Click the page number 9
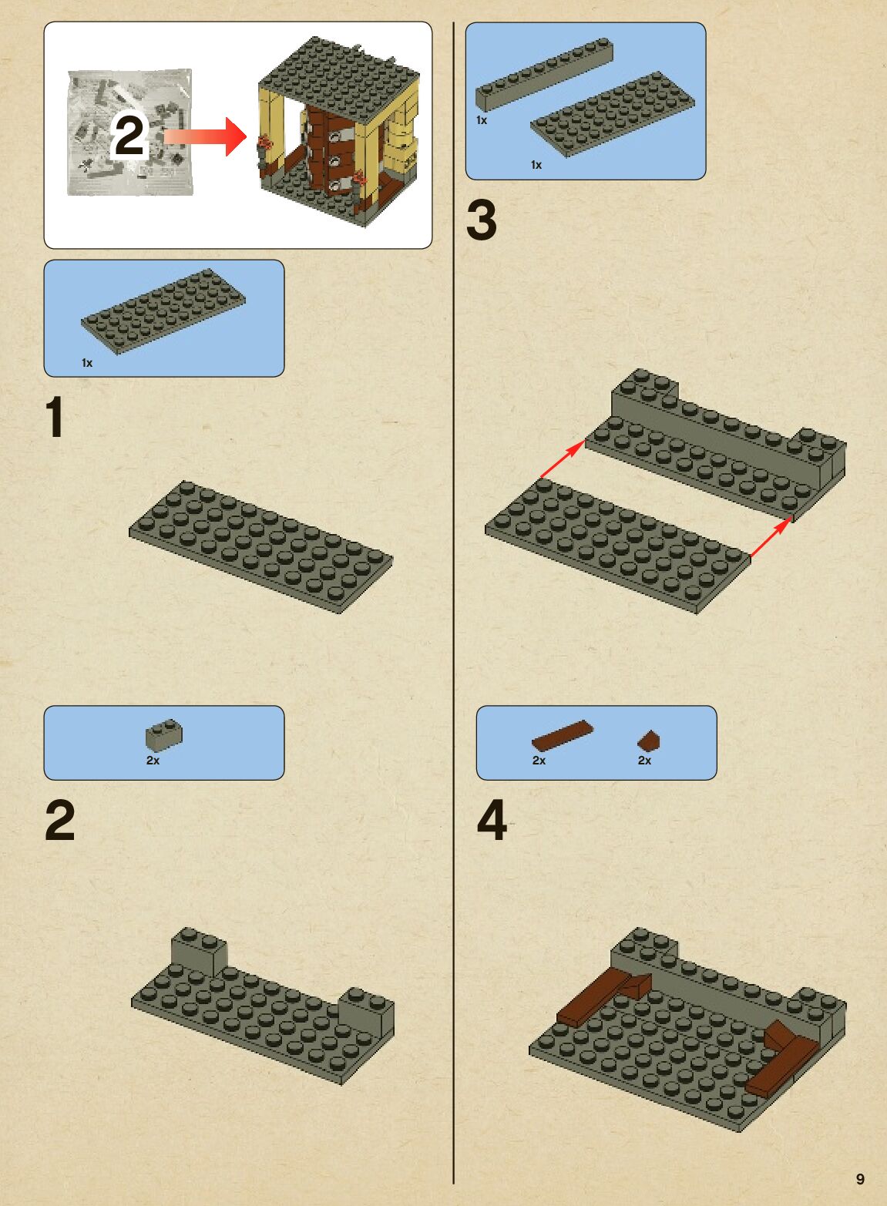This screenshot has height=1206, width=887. coord(860,1178)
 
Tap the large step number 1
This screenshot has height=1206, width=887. coord(55,417)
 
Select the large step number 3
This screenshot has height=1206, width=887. coord(482,220)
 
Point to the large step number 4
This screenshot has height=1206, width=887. coord(492,820)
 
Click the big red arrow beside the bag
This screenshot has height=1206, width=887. coord(205,136)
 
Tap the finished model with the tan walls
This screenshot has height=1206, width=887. coord(338,131)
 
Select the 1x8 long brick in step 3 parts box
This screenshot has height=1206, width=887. coord(545,74)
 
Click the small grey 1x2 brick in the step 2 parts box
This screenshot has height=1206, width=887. coord(163,735)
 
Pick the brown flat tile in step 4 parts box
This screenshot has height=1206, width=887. coord(563,735)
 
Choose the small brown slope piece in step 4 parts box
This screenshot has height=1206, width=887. coord(648,741)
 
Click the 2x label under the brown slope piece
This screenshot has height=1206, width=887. coord(644,761)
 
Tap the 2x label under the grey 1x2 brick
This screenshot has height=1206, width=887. coord(153,761)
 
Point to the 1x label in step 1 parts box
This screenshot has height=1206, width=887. coord(87,363)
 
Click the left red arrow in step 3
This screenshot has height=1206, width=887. coord(563,459)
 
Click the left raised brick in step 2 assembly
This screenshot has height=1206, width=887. coord(199,952)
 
